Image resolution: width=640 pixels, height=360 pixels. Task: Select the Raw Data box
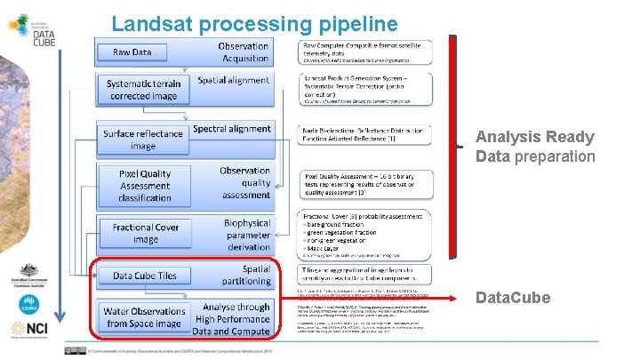132,52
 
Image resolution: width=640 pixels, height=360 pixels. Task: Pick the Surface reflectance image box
142,140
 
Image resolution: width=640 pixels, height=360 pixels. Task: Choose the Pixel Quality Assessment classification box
145,185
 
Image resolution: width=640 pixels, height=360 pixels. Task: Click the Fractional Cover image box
146,233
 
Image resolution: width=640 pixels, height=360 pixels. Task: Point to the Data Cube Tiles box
144,276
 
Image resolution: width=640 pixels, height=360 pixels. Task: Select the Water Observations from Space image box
145,317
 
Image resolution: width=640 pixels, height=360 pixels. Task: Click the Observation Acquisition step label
243,52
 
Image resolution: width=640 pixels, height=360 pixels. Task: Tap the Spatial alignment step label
233,80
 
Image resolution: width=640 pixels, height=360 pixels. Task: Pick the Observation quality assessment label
245,182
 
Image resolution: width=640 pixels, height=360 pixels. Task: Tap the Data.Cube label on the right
512,298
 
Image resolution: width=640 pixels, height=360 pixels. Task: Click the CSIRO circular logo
28,304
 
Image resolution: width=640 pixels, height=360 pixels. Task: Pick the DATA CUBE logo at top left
35,28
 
